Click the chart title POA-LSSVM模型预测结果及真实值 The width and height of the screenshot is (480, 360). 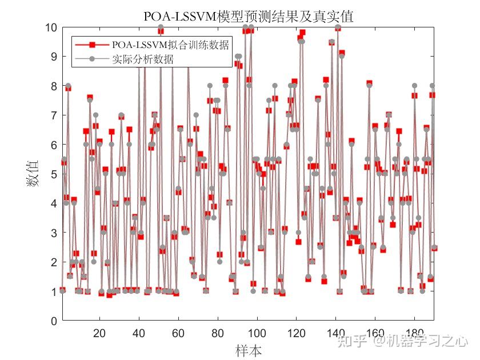248,17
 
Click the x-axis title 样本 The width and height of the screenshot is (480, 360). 249,350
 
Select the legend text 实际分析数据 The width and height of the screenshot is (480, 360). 143,58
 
